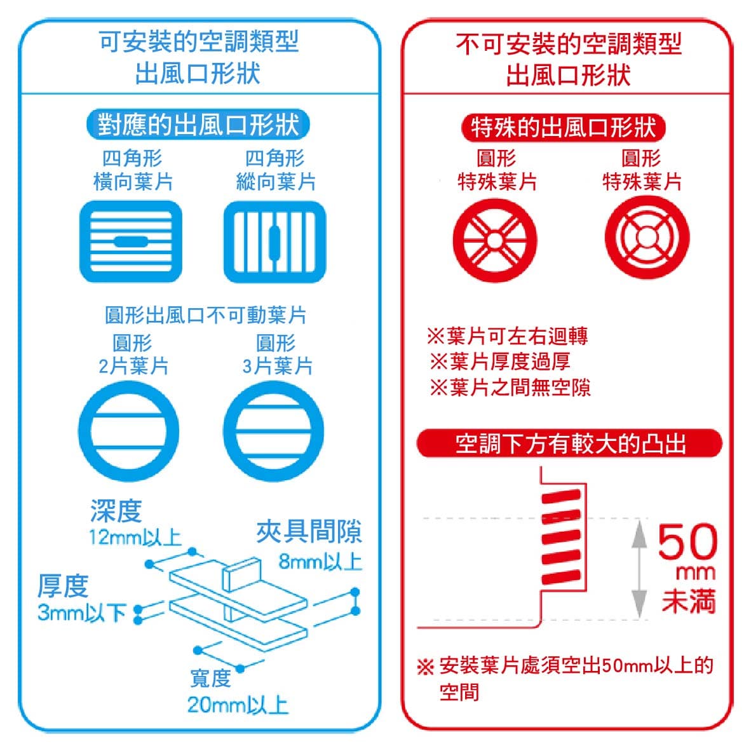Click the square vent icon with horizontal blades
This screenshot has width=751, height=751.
click(131, 241)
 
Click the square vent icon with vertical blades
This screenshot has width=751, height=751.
click(275, 241)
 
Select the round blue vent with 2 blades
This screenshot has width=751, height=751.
click(129, 431)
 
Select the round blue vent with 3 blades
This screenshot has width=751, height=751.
click(273, 431)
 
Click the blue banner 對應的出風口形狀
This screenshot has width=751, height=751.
click(198, 125)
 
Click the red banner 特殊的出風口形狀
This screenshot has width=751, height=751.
click(563, 128)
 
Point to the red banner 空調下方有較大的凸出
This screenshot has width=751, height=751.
click(569, 443)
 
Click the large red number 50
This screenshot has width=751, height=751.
click(687, 541)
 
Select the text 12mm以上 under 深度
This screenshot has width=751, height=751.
click(135, 538)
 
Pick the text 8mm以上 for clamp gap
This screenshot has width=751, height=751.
click(320, 561)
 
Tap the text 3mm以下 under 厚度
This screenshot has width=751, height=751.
click(82, 612)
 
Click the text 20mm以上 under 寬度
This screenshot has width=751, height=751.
click(238, 705)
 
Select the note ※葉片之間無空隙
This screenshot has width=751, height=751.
click(510, 387)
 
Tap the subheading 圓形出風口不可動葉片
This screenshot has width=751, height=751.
click(205, 315)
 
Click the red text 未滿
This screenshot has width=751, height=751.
click(689, 601)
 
